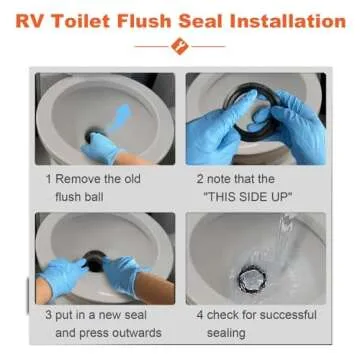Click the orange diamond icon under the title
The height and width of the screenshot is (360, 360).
(x=180, y=45)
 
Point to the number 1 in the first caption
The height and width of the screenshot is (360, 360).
(x=48, y=177)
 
